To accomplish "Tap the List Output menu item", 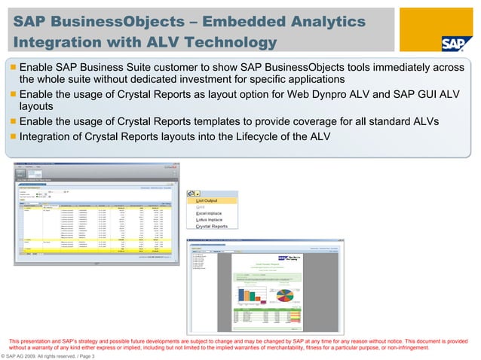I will tap(212, 200).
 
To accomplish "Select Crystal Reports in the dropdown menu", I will tap(212, 226).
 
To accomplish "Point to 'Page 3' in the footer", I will tap(84, 355).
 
